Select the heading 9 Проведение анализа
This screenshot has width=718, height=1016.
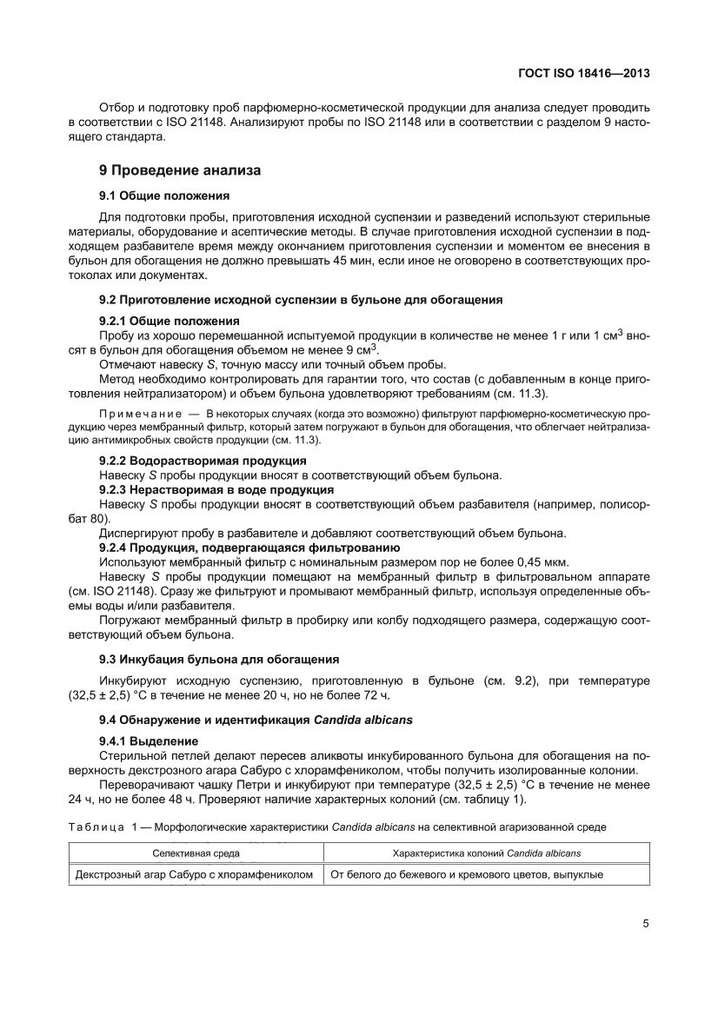pos(180,170)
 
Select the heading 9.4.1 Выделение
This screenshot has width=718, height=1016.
pos(149,740)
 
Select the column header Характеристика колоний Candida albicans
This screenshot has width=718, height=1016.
pos(487,854)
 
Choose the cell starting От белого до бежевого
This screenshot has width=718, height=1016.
pos(466,874)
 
